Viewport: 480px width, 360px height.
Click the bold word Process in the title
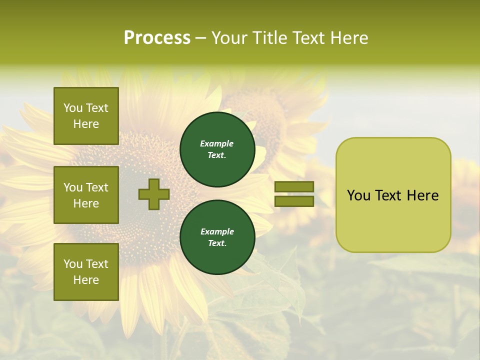coord(157,38)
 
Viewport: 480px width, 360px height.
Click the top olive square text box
coord(86,116)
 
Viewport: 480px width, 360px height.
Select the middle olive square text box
coord(86,195)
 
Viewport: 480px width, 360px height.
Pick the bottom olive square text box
coord(86,271)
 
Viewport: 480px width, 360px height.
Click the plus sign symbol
coord(153,194)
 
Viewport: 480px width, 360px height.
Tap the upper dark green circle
coord(217,149)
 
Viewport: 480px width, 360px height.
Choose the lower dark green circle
coord(217,237)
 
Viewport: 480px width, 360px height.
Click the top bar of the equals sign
coord(294,186)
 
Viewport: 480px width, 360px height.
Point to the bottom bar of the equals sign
coord(294,201)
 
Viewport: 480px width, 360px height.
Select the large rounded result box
coord(393,195)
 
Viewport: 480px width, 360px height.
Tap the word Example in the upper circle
coord(217,143)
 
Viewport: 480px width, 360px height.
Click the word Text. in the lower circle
coord(217,243)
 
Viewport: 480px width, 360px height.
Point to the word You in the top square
coord(73,108)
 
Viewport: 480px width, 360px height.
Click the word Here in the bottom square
coord(86,280)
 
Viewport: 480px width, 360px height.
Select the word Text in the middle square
coord(96,187)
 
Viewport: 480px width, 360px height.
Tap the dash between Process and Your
coord(200,38)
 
